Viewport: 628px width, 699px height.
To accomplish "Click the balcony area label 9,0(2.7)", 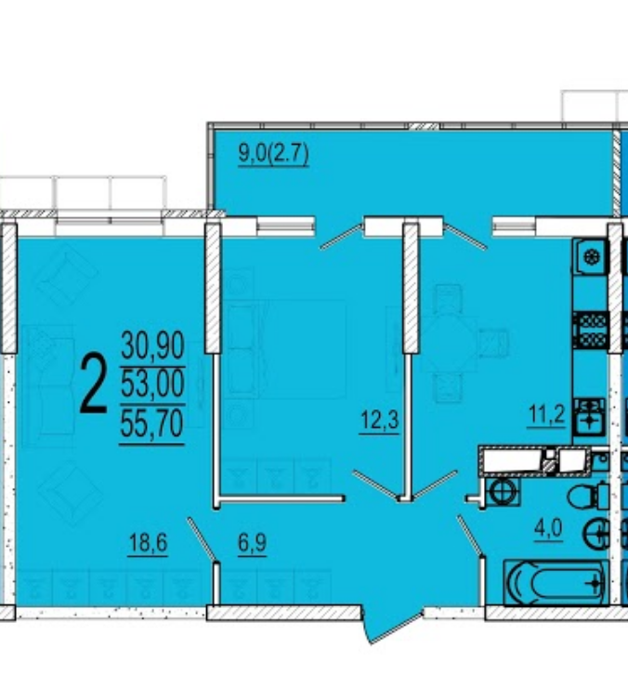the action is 273,155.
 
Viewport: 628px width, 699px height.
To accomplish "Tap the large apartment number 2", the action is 93,382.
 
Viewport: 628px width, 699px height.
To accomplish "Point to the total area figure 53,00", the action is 152,383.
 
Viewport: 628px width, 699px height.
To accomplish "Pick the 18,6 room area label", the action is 148,543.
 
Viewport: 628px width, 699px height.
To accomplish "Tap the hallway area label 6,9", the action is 253,543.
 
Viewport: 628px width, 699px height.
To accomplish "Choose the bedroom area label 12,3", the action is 379,420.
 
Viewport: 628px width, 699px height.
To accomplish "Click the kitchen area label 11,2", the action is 546,415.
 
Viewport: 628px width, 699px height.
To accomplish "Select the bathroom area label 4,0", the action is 549,529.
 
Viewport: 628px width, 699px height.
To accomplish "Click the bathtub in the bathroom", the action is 556,582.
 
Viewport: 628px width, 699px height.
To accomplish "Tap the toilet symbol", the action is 588,496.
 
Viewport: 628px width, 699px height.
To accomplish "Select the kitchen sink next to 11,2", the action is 590,417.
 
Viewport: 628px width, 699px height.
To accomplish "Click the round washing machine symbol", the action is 503,492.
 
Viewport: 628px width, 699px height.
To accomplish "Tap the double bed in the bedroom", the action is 284,349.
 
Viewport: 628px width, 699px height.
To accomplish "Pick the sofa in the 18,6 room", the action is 48,386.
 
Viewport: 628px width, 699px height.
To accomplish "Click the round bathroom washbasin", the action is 595,534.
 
